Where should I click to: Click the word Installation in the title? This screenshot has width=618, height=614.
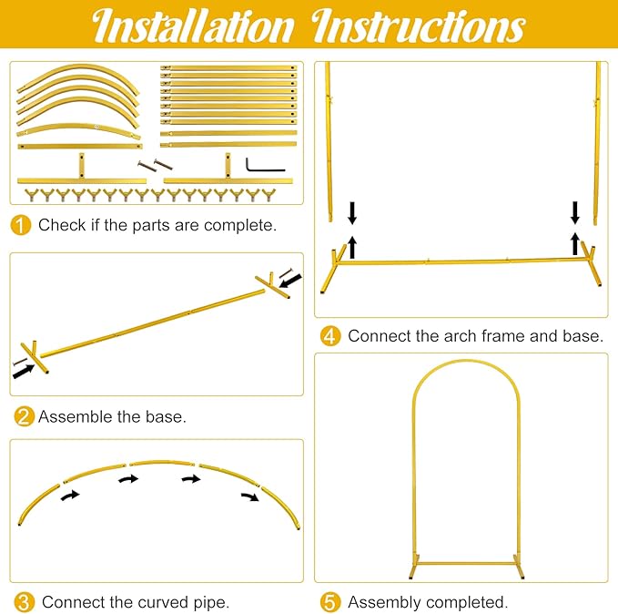(x=193, y=26)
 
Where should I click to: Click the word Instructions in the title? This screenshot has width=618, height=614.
(x=418, y=26)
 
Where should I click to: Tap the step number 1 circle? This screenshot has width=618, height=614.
(x=21, y=225)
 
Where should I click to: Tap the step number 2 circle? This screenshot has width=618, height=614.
(x=24, y=416)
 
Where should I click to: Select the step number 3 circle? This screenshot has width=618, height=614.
(x=24, y=602)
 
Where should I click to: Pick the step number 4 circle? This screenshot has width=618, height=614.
(x=330, y=336)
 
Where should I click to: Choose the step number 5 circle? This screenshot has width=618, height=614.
(x=330, y=602)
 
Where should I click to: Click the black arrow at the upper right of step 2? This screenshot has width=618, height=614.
(x=290, y=281)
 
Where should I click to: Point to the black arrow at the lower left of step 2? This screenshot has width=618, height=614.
(x=24, y=372)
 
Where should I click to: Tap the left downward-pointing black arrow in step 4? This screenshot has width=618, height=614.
(x=352, y=213)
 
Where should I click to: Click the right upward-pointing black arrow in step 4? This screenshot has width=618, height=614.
(x=575, y=243)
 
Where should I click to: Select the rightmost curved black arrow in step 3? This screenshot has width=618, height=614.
(x=250, y=496)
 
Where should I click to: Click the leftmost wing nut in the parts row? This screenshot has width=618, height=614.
(x=31, y=195)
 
